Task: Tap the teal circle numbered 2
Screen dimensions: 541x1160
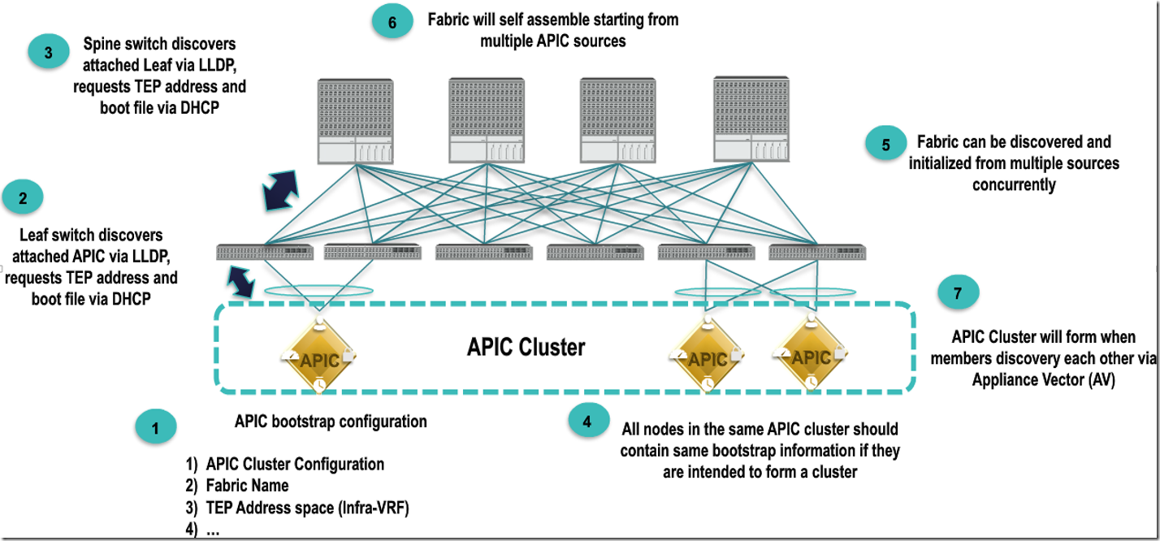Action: point(23,197)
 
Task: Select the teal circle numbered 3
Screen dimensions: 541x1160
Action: point(48,53)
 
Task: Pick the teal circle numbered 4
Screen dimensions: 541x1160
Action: point(586,421)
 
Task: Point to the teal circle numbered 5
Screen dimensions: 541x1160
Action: point(886,145)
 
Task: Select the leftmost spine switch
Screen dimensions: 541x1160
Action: point(356,119)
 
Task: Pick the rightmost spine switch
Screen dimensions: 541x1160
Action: point(751,119)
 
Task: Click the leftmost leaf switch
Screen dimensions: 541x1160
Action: point(265,253)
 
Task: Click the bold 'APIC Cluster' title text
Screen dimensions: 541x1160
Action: point(526,348)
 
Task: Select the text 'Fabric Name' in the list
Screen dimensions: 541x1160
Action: point(247,486)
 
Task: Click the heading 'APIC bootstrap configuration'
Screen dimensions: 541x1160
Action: point(331,422)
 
